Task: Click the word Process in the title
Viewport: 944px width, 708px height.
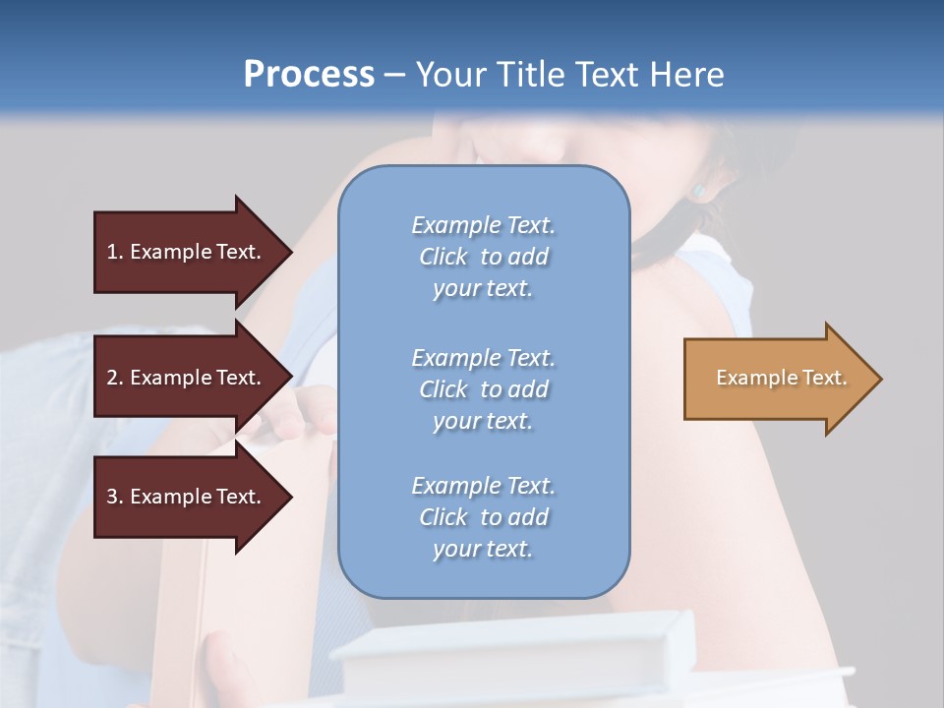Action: (309, 75)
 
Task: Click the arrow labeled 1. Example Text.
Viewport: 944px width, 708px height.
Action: (187, 252)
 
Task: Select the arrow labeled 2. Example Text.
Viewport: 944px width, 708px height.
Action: (187, 378)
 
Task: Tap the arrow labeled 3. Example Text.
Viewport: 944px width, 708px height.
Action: (187, 497)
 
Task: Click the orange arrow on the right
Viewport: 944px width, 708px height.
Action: (777, 379)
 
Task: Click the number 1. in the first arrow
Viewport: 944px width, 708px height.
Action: (115, 252)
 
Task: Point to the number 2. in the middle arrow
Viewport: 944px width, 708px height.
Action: (115, 378)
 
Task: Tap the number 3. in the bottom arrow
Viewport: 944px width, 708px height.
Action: (115, 497)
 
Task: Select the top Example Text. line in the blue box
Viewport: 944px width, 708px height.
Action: (483, 225)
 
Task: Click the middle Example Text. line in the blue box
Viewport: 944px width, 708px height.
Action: (483, 357)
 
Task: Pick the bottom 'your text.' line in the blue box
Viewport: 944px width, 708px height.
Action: (483, 549)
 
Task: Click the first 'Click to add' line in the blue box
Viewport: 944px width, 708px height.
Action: (483, 257)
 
